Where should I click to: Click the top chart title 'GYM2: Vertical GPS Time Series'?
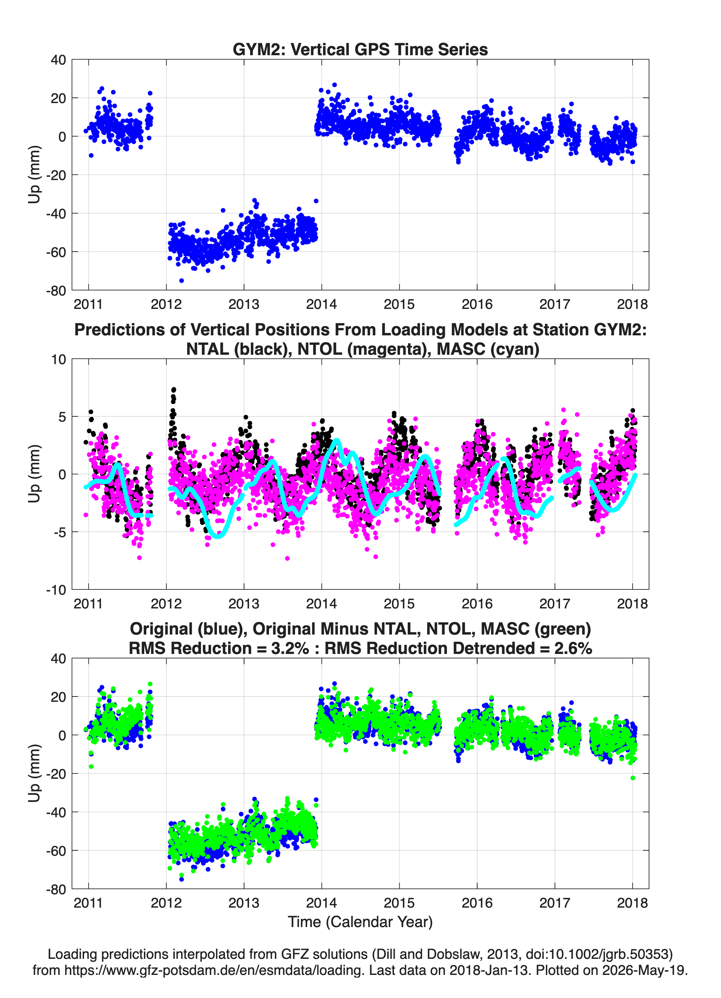point(360,49)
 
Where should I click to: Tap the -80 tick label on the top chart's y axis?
point(56,291)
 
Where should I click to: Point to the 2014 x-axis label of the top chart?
point(321,304)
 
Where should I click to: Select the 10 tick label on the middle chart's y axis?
point(59,359)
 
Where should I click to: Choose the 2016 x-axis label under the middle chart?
point(477,604)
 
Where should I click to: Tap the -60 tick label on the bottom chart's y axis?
point(56,851)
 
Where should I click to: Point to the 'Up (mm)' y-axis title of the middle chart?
point(34,474)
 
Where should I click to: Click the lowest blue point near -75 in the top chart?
point(181,280)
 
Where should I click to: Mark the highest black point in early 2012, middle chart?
point(173,390)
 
